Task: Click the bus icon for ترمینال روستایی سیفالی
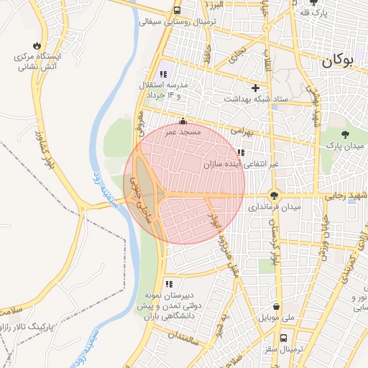(177, 10)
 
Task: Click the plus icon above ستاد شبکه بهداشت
(255, 88)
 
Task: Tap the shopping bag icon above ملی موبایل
(276, 305)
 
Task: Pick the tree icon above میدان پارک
(346, 134)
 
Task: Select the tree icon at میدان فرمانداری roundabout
(274, 194)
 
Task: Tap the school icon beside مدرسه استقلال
(162, 74)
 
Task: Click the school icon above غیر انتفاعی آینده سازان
(240, 152)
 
